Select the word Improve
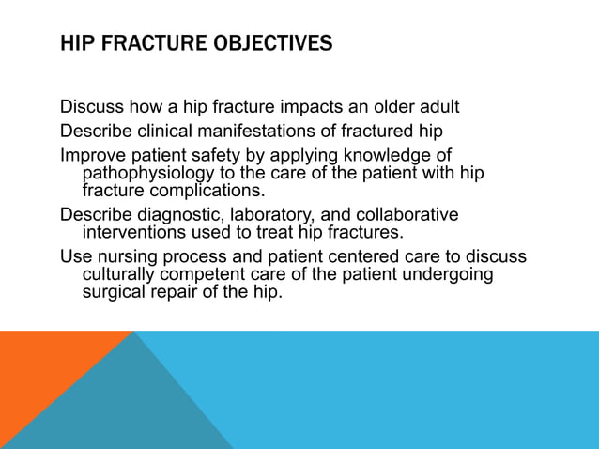(x=92, y=154)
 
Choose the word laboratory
(x=269, y=215)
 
